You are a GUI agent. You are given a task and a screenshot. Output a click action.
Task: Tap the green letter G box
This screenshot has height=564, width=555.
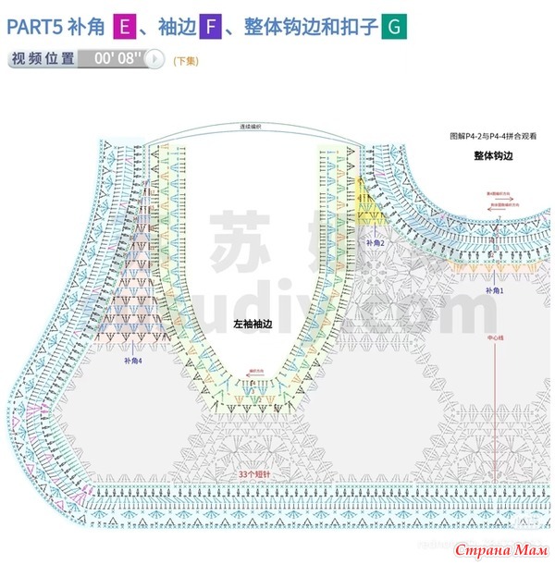click(393, 27)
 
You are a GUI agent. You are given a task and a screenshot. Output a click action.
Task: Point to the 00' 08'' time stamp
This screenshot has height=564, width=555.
click(118, 58)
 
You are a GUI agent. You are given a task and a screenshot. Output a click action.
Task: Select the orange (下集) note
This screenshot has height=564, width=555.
click(185, 60)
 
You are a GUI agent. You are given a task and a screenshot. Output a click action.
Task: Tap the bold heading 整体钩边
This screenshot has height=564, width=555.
click(493, 156)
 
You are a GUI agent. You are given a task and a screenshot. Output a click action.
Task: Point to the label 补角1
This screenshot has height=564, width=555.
click(495, 290)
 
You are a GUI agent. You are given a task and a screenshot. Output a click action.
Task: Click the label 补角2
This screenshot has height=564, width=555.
click(376, 242)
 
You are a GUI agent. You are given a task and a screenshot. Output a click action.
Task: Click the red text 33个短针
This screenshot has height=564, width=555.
click(253, 472)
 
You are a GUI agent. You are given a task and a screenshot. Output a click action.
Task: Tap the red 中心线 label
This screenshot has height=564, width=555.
click(495, 338)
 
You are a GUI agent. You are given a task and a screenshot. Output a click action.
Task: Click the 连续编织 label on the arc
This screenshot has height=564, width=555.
click(251, 127)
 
